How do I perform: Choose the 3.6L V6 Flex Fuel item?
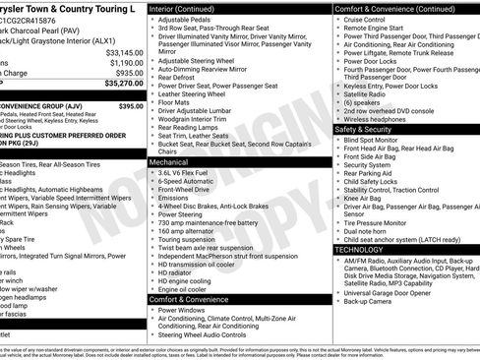193,172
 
